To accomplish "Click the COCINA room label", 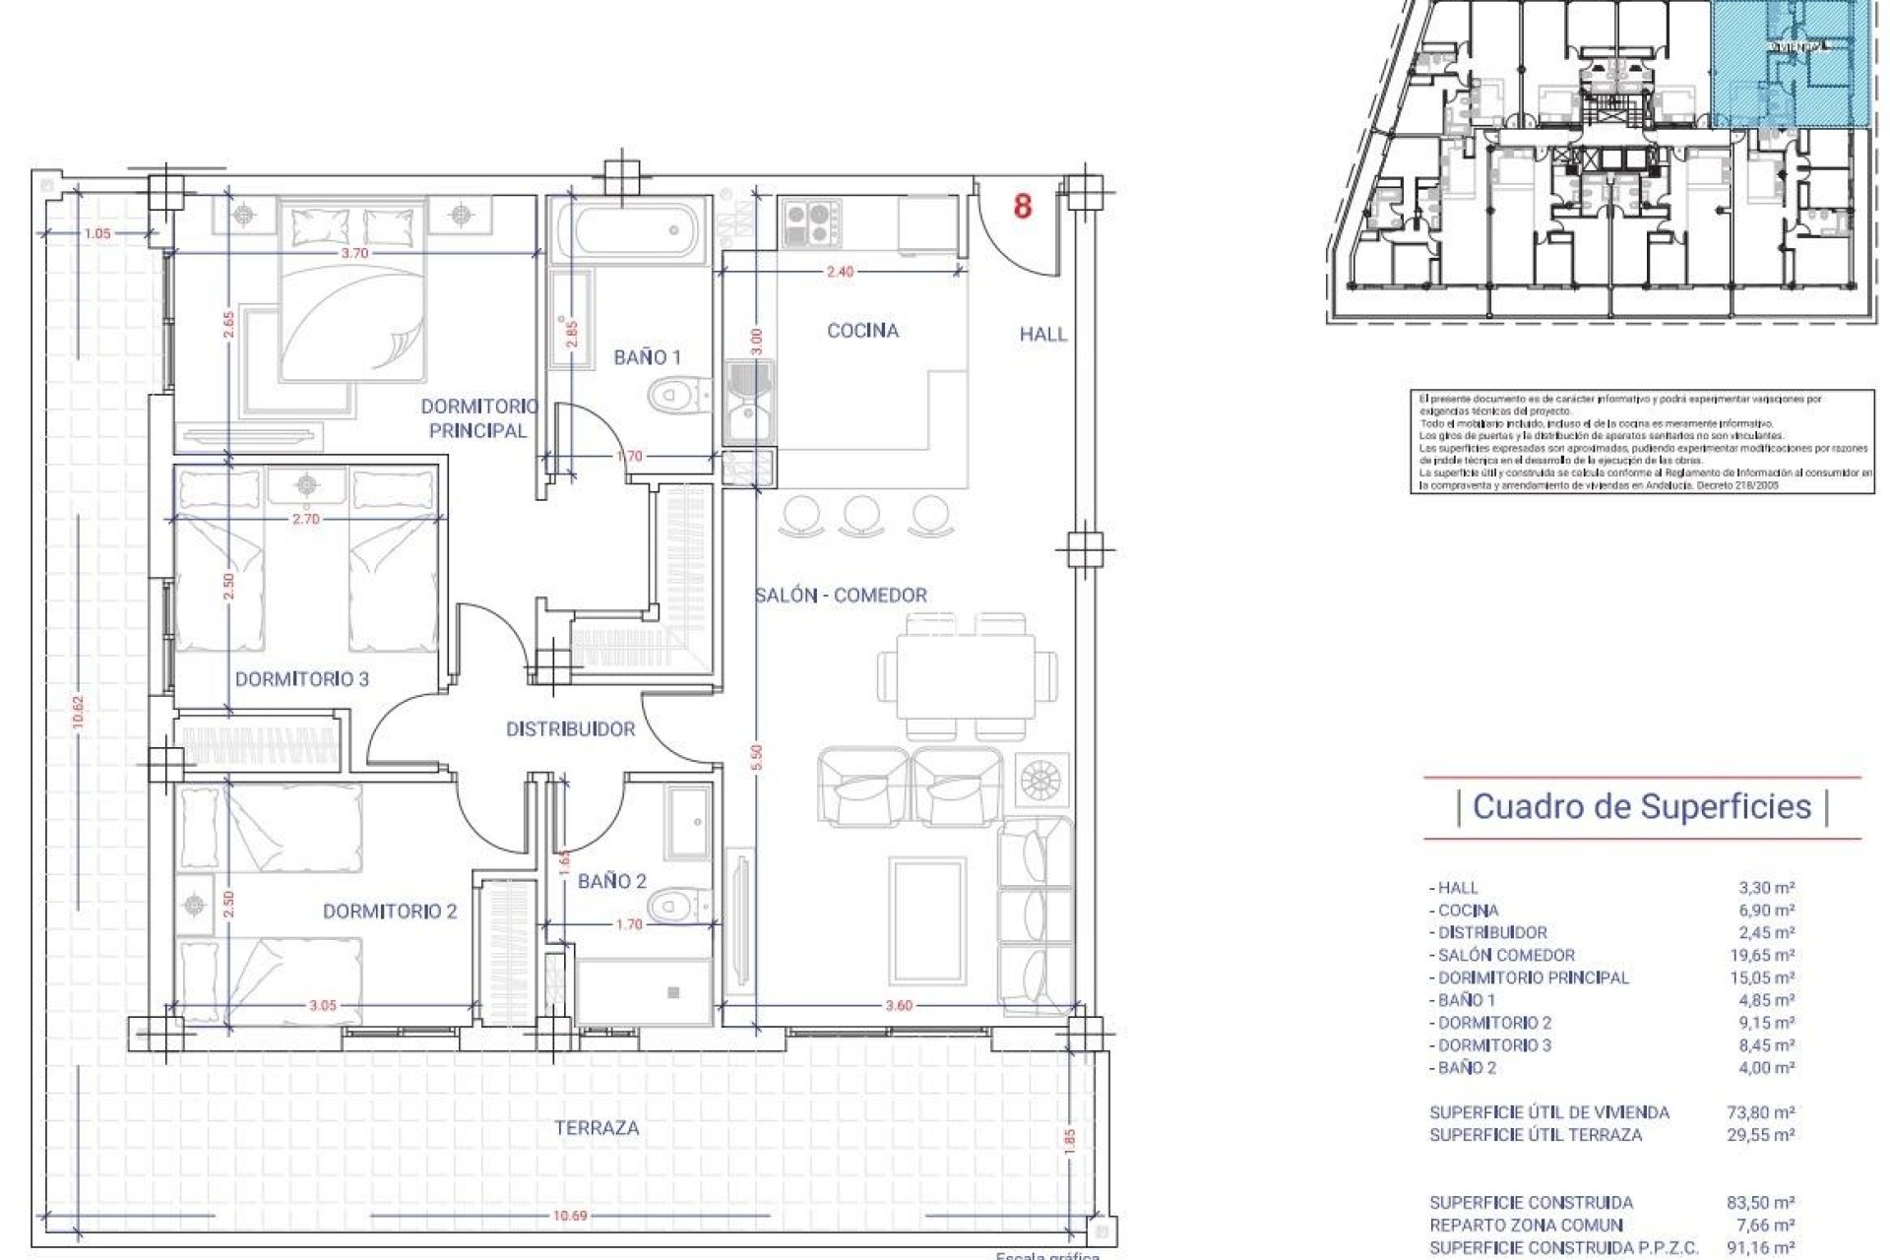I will pyautogui.click(x=862, y=331).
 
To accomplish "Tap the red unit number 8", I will pyautogui.click(x=1023, y=207).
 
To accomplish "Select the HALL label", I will pyautogui.click(x=1042, y=335).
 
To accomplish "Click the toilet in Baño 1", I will pyautogui.click(x=676, y=397).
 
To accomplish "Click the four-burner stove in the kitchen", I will pyautogui.click(x=811, y=222).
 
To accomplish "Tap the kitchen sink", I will pyautogui.click(x=749, y=402).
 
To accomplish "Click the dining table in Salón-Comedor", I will pyautogui.click(x=965, y=676).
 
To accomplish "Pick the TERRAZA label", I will pyautogui.click(x=597, y=1128).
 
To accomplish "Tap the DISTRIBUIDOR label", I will pyautogui.click(x=570, y=729).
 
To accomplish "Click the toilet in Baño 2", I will pyautogui.click(x=677, y=901).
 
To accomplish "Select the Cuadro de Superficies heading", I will pyautogui.click(x=1642, y=806).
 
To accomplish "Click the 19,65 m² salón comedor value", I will pyautogui.click(x=1766, y=955).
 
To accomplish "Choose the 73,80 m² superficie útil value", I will pyautogui.click(x=1766, y=1112).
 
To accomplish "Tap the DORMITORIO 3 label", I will pyautogui.click(x=302, y=679).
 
